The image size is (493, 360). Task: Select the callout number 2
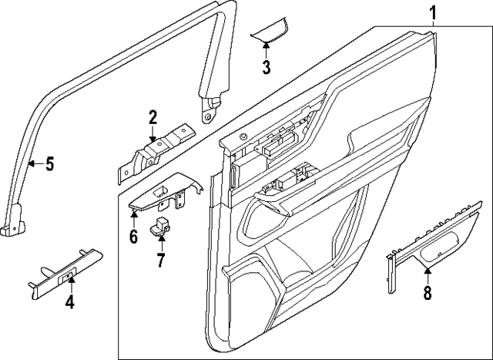tap(153, 117)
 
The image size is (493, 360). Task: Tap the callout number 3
tap(266, 67)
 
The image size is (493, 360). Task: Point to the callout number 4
tap(69, 301)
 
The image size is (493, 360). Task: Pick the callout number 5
tap(49, 163)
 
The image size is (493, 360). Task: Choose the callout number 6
tap(133, 236)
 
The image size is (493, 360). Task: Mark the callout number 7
tap(161, 260)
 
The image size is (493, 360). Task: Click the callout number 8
tap(428, 292)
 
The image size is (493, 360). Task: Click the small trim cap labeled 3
tap(270, 31)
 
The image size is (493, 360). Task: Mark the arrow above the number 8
tap(428, 270)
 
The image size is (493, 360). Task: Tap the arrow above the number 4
tap(69, 279)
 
